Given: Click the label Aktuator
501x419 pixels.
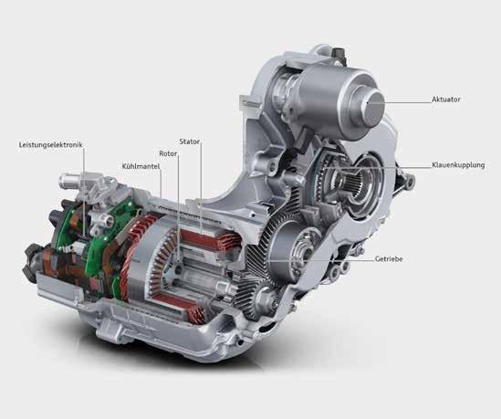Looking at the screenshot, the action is point(445,100).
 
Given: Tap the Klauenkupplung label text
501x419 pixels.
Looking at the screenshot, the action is point(458,165).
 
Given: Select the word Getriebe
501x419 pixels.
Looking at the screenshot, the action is point(389,259).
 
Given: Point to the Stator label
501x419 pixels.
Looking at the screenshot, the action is point(190,141).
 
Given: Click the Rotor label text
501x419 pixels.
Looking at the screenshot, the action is point(168,153).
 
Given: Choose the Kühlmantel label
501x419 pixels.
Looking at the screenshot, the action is point(141,166).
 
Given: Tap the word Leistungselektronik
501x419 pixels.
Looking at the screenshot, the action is point(51,145).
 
